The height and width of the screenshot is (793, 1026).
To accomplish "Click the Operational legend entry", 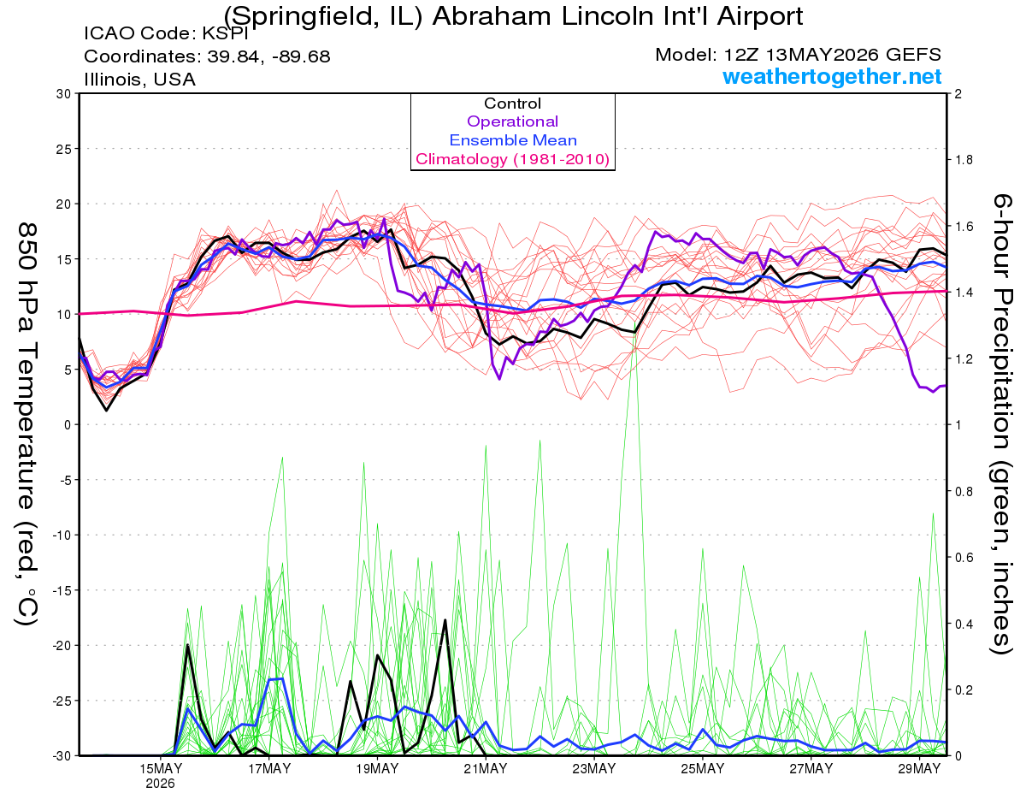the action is pyautogui.click(x=512, y=121).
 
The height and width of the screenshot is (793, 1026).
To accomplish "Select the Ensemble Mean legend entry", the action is pyautogui.click(x=513, y=140).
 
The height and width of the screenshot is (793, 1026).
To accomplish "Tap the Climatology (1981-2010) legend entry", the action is pyautogui.click(x=512, y=159).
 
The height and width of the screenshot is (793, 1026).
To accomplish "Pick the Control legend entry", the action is pyautogui.click(x=512, y=103).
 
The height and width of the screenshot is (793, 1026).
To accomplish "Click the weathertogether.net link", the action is pyautogui.click(x=832, y=76).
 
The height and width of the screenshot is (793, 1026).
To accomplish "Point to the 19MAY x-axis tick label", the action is pyautogui.click(x=377, y=769).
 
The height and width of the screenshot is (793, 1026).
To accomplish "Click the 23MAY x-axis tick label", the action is pyautogui.click(x=594, y=769).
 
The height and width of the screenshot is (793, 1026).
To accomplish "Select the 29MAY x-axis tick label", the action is pyautogui.click(x=919, y=769).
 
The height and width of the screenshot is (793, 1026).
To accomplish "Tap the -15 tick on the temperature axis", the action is pyautogui.click(x=61, y=590).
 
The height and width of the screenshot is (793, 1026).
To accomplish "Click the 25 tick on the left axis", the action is pyautogui.click(x=63, y=149).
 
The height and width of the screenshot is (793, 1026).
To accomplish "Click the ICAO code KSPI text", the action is pyautogui.click(x=166, y=33).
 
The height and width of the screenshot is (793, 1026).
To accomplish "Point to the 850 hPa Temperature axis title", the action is pyautogui.click(x=27, y=424).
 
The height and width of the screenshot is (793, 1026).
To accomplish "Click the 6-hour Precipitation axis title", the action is pyautogui.click(x=1001, y=424).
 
